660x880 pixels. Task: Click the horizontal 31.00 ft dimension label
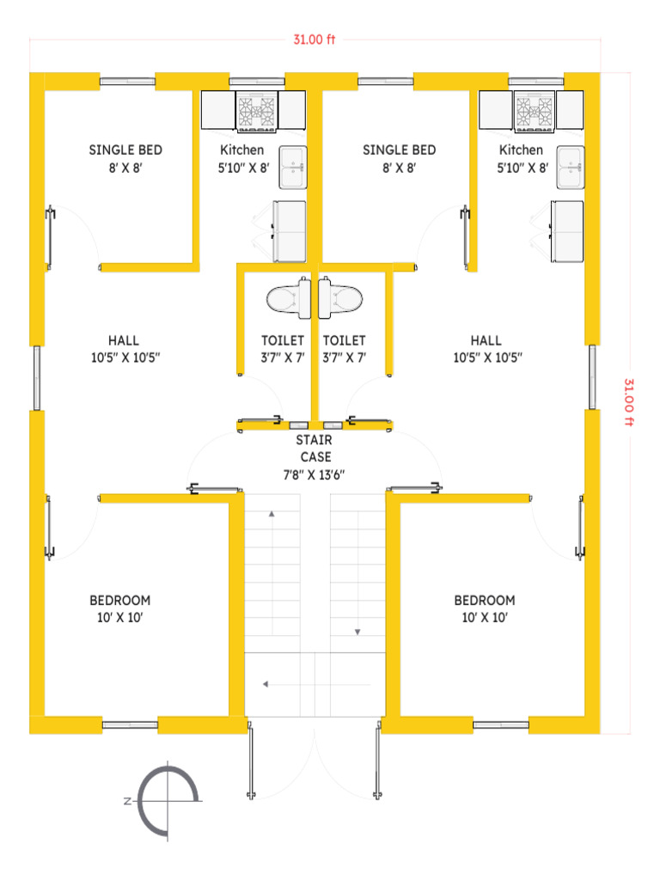(315, 40)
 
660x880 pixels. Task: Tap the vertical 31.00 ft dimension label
(629, 402)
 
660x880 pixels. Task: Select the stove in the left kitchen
(256, 112)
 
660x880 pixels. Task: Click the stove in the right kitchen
(535, 112)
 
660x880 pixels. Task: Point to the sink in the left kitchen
(293, 168)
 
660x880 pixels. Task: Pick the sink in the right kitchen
(571, 168)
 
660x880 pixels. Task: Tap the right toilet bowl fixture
(340, 298)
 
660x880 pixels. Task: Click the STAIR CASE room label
(315, 457)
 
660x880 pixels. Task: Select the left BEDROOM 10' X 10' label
(120, 609)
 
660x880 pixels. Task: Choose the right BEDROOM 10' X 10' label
(485, 609)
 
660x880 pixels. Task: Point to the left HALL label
(125, 349)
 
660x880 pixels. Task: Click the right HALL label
(488, 349)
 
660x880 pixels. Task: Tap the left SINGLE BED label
(125, 158)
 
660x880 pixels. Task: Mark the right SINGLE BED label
(399, 158)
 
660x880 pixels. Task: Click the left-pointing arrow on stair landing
(316, 684)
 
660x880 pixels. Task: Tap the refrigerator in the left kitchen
(290, 231)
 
